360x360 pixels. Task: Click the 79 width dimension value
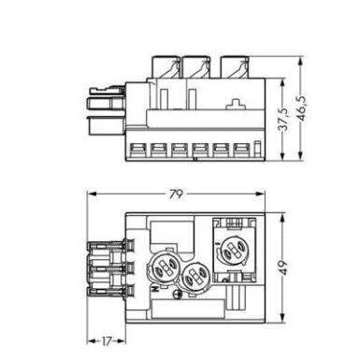(x=176, y=194)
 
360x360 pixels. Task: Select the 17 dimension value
(x=106, y=341)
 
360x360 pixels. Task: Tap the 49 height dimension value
(x=283, y=267)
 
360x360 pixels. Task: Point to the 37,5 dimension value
(x=283, y=120)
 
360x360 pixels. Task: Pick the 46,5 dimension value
(x=301, y=108)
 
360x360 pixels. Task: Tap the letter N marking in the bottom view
(x=154, y=289)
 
